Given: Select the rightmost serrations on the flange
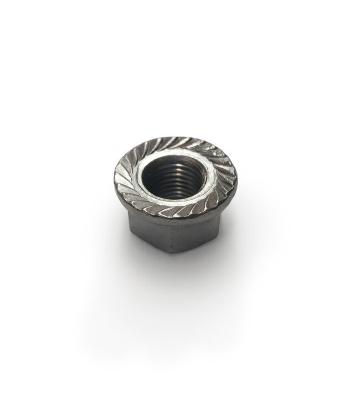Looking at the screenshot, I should coord(228,176).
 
